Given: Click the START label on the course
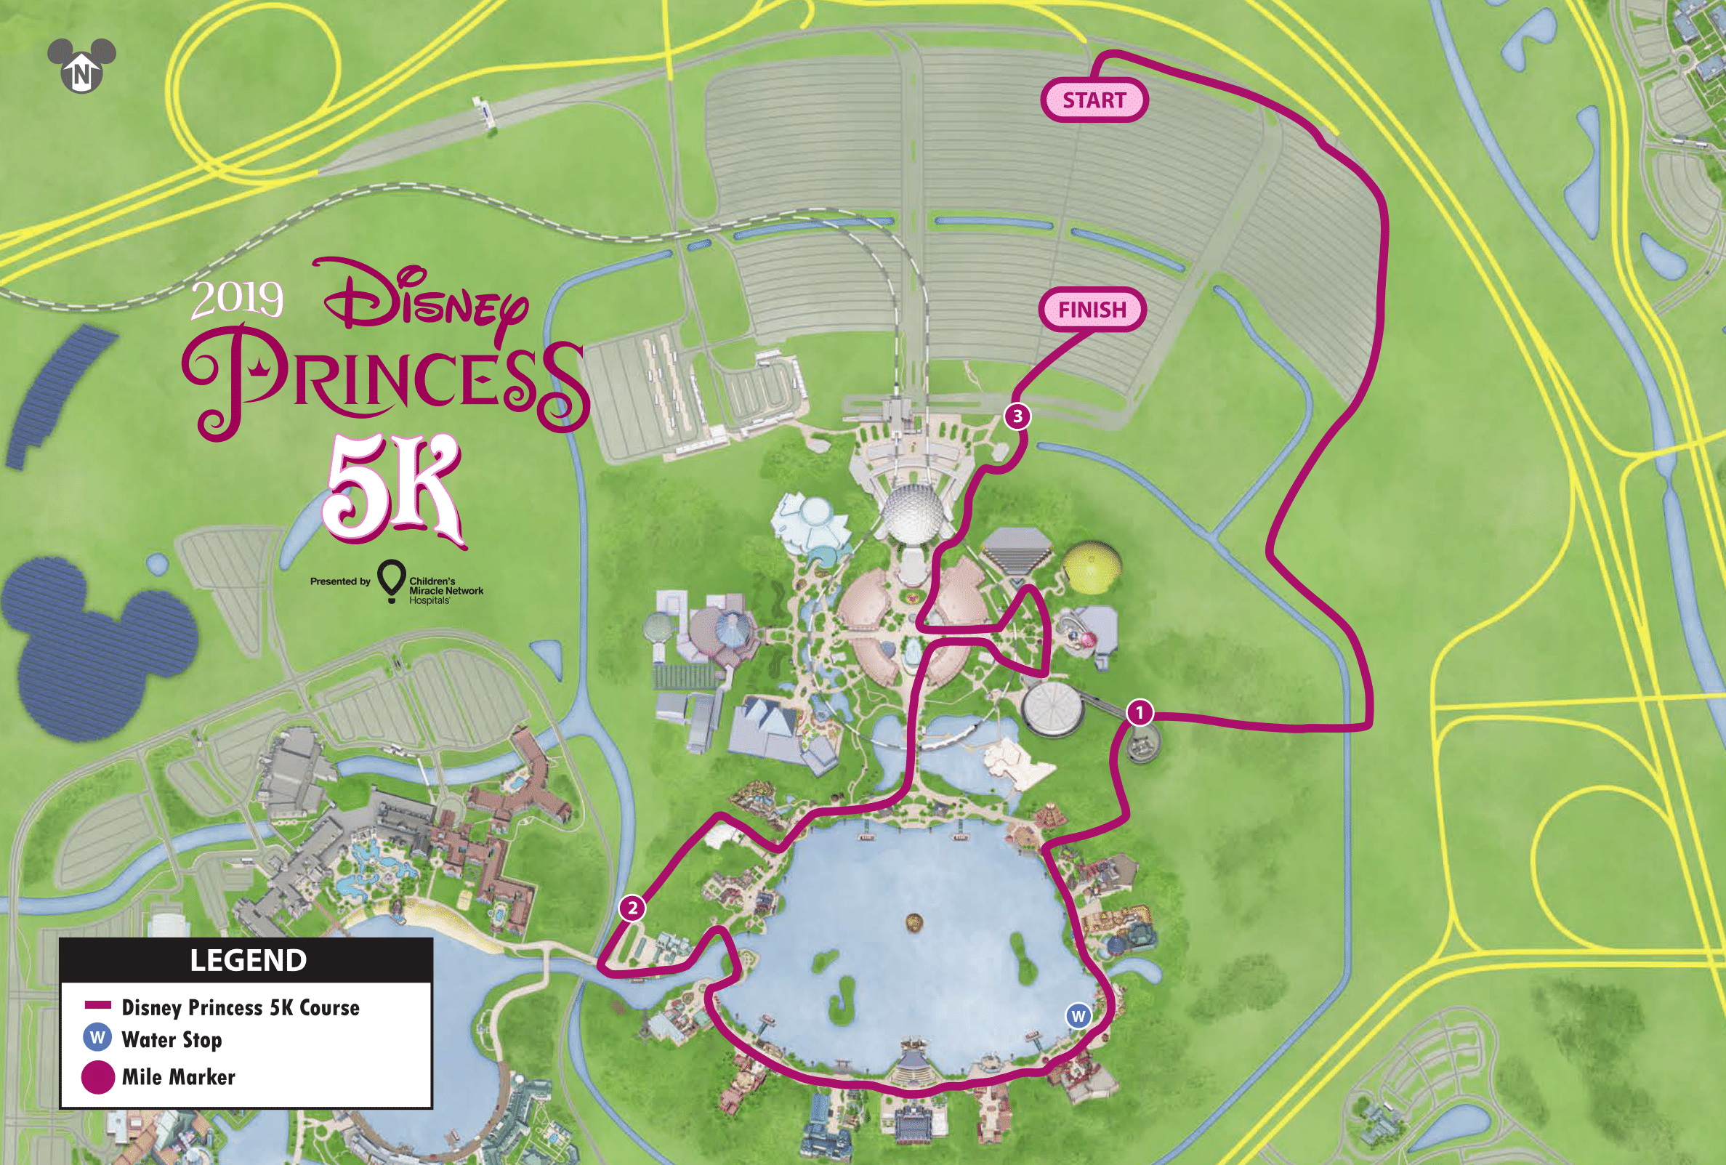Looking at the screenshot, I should pyautogui.click(x=1094, y=100).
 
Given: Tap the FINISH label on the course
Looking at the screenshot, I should pyautogui.click(x=1092, y=309).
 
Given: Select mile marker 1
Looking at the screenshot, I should pyautogui.click(x=1140, y=713).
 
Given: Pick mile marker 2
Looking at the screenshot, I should pyautogui.click(x=632, y=907).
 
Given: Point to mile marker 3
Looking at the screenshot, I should pyautogui.click(x=1017, y=416).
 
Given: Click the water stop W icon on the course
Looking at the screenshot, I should pyautogui.click(x=1078, y=1016).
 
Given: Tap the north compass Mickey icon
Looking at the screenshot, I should pyautogui.click(x=81, y=65).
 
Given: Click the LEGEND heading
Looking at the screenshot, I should pyautogui.click(x=247, y=960).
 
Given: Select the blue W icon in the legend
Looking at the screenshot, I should pyautogui.click(x=97, y=1037).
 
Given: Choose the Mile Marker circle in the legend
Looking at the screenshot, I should pyautogui.click(x=97, y=1076).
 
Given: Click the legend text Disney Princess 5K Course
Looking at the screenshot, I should pyautogui.click(x=240, y=1007).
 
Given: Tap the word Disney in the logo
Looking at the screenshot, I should pyautogui.click(x=425, y=301).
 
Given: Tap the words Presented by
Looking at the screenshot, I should pyautogui.click(x=339, y=581).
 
